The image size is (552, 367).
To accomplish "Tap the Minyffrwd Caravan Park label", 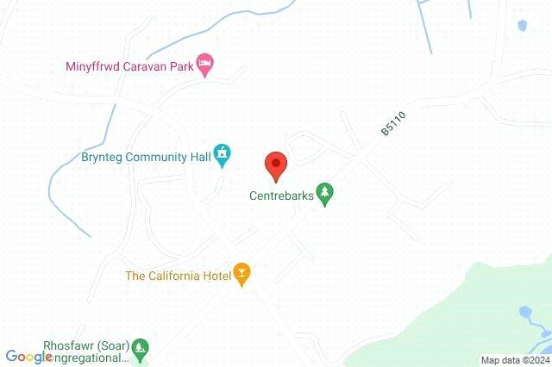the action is [130, 65].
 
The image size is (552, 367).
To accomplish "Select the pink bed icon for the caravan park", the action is [205, 63].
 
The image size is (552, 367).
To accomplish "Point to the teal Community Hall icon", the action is [223, 154].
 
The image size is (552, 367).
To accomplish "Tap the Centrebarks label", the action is [282, 196].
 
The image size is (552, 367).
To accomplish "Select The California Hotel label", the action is [179, 276].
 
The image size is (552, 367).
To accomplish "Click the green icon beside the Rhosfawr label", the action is [140, 349].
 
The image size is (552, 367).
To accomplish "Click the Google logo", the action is [28, 357].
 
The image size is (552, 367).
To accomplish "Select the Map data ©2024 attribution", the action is [514, 360].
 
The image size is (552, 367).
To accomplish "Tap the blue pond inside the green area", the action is [524, 314].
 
